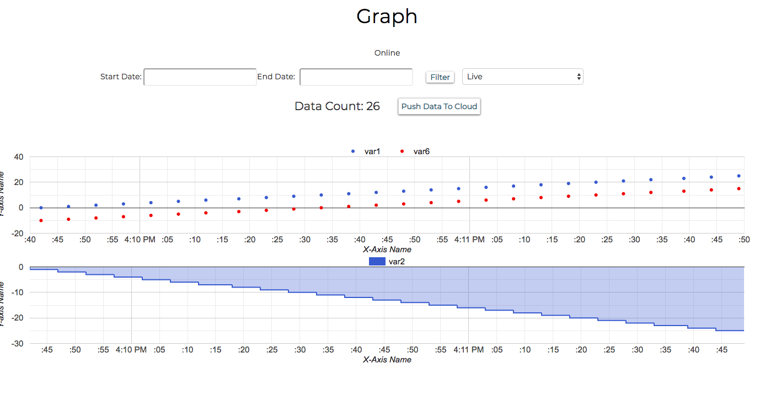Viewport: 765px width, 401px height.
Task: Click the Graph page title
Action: coord(387,17)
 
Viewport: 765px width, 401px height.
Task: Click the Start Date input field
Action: coord(200,77)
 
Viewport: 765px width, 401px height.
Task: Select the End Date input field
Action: coord(356,77)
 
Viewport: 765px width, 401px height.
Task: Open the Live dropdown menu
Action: coord(522,77)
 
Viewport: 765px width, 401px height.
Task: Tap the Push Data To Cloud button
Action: coord(439,106)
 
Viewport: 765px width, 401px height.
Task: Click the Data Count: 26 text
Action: coord(337,106)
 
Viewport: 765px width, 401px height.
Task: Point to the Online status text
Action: coord(387,53)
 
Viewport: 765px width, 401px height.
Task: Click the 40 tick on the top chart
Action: coord(18,157)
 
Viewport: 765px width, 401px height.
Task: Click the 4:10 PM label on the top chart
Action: coord(139,240)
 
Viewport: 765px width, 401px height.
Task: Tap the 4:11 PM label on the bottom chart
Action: coord(469,350)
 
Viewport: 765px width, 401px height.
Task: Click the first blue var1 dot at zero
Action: coord(41,208)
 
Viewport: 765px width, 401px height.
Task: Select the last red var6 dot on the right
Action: coord(739,188)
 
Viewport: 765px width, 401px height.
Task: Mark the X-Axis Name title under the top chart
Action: coord(387,250)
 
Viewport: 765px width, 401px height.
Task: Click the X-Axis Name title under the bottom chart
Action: coord(387,360)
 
